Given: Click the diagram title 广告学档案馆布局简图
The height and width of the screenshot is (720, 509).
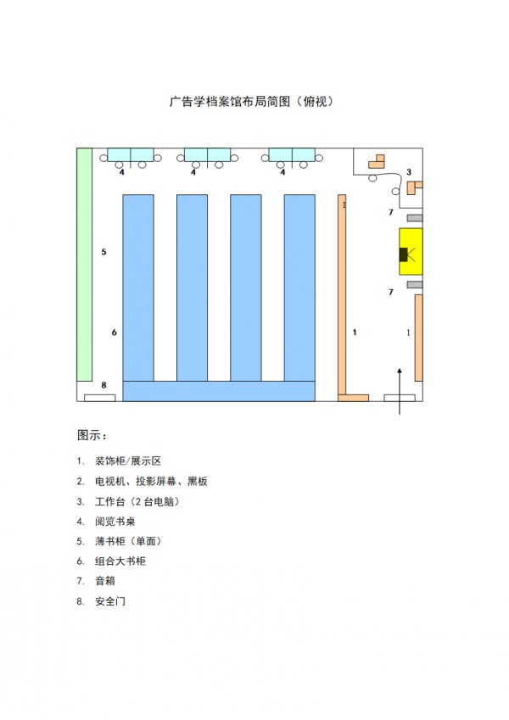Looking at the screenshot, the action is pyautogui.click(x=230, y=101).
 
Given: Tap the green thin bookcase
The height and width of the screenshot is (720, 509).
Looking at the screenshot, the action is pyautogui.click(x=85, y=265).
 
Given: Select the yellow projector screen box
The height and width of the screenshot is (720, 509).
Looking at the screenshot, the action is pyautogui.click(x=411, y=252).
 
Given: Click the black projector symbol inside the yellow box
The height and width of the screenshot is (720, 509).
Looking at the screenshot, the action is pyautogui.click(x=404, y=254).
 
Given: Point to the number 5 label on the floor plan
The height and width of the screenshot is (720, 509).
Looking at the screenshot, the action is pyautogui.click(x=103, y=252).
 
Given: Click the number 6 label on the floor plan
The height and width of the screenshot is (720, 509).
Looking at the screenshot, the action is pyautogui.click(x=114, y=332).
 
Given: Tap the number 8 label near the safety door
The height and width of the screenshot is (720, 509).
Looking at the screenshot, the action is pyautogui.click(x=103, y=385).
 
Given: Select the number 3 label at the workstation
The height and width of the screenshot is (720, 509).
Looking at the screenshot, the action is pyautogui.click(x=409, y=172).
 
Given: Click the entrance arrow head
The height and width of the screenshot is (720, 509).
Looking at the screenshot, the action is pyautogui.click(x=400, y=371).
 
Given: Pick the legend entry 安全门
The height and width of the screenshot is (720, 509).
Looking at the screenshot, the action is pyautogui.click(x=110, y=601).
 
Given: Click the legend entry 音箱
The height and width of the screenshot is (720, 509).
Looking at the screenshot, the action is pyautogui.click(x=105, y=581).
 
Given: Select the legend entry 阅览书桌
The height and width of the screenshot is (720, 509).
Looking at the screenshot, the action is pyautogui.click(x=115, y=522).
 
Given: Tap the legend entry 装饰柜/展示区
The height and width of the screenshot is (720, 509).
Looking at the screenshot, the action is pyautogui.click(x=128, y=461).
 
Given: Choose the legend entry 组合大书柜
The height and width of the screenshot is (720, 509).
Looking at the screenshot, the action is pyautogui.click(x=120, y=561).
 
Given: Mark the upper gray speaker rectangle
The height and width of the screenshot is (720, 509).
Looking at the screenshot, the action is pyautogui.click(x=415, y=218).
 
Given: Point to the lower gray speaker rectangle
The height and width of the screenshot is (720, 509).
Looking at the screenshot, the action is pyautogui.click(x=415, y=285).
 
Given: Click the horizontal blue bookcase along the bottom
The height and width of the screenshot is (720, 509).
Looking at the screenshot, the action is pyautogui.click(x=219, y=391).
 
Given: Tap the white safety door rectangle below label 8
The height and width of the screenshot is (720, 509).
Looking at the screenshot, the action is pyautogui.click(x=100, y=398).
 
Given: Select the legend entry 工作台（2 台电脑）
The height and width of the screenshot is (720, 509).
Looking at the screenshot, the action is pyautogui.click(x=137, y=501).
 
